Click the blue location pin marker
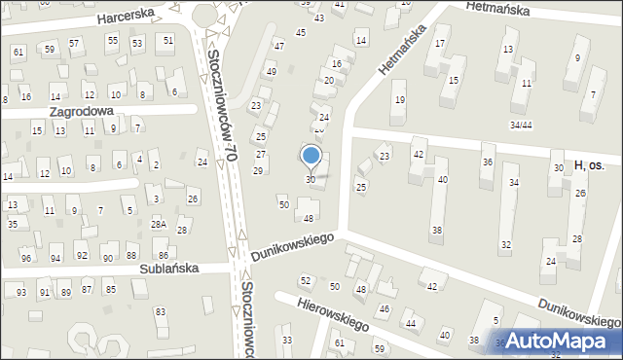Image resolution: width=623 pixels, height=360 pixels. [311, 157]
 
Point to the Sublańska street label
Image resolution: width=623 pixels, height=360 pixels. [167, 268]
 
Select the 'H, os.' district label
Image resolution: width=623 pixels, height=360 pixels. [590, 166]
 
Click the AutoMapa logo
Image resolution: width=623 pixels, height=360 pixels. [558, 342]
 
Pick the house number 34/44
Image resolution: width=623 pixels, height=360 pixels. [521, 125]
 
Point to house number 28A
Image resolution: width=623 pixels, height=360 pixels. [158, 225]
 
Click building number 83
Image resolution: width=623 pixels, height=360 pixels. [161, 312]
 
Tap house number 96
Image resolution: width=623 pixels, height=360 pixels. [26, 258]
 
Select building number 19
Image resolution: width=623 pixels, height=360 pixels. [398, 99]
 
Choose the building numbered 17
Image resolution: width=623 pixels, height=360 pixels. [440, 43]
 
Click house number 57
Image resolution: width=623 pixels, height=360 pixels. [74, 44]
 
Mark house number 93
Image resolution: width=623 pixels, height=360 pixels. [20, 292]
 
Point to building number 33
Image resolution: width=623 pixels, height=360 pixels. [286, 340]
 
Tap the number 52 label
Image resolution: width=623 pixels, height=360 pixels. [306, 280]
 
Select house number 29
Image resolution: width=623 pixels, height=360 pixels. [258, 171]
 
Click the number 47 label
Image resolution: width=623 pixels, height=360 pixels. [278, 46]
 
